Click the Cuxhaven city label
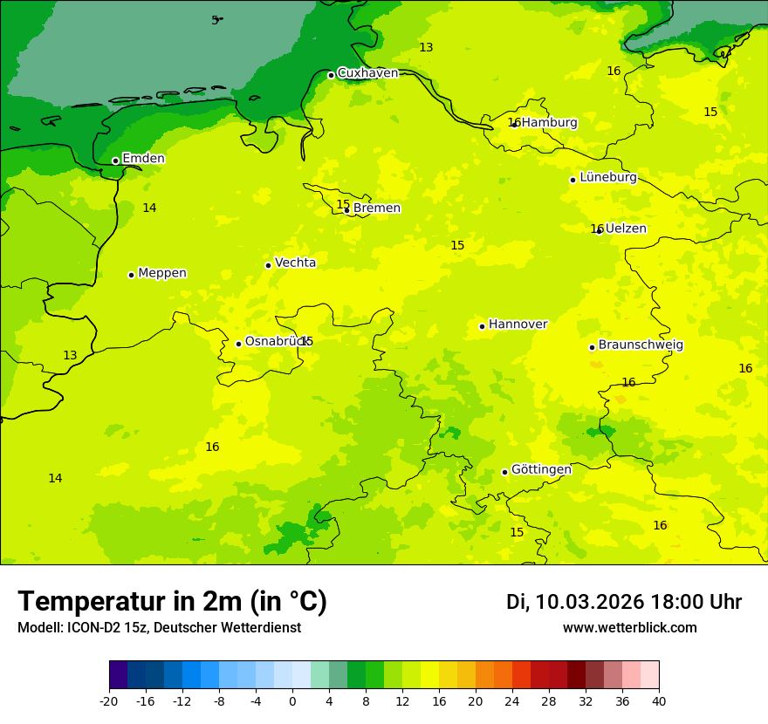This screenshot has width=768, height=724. click(367, 73)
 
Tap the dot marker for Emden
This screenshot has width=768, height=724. click(115, 161)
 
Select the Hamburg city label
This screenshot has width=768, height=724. click(549, 123)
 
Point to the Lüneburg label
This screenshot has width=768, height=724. click(608, 178)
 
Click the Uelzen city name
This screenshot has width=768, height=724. click(626, 229)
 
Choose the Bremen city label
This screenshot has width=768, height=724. click(377, 208)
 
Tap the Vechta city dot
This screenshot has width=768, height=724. click(268, 265)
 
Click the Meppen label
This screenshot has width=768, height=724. click(162, 273)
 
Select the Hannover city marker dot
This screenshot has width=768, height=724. click(482, 326)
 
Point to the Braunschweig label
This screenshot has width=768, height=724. click(641, 345)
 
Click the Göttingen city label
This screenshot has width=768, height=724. click(541, 470)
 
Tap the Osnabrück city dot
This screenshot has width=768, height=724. click(238, 344)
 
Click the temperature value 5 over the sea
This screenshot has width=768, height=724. click(215, 20)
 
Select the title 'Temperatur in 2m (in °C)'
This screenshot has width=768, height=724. click(172, 602)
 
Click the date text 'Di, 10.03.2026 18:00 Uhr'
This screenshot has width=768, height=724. click(624, 602)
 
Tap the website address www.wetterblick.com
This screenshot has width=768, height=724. click(629, 628)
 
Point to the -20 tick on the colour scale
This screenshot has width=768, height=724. click(109, 701)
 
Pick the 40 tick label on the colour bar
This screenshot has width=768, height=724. click(659, 701)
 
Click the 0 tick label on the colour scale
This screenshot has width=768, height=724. click(292, 701)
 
